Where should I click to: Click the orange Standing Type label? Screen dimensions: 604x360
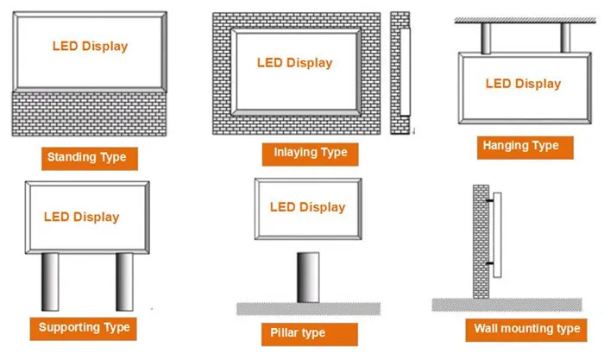[x=90, y=158]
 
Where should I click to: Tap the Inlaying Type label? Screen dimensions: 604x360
[x=310, y=155]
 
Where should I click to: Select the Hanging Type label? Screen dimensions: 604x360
[x=525, y=148]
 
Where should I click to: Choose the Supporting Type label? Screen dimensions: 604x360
[x=83, y=329]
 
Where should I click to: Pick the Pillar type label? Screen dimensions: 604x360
[x=309, y=334]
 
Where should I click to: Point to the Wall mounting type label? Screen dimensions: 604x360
[x=526, y=330]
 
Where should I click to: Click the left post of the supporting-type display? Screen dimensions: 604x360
[x=50, y=281]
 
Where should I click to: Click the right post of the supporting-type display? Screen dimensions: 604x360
[x=124, y=281]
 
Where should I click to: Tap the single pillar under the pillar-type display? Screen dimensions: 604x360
[x=308, y=277]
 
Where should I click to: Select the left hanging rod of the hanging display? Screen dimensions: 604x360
[x=486, y=38]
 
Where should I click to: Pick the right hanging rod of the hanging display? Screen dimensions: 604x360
[x=565, y=38]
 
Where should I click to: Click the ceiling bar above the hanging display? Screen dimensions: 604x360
[x=525, y=20]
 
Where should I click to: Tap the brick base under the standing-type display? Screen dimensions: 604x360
[x=89, y=114]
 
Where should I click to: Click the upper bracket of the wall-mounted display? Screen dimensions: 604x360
[x=489, y=201]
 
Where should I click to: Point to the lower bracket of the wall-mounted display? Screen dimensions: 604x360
[x=489, y=263]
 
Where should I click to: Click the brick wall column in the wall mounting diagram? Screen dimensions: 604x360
[x=481, y=242]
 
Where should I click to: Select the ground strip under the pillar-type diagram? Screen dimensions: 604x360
[x=308, y=309]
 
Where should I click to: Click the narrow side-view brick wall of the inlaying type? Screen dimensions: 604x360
[x=400, y=73]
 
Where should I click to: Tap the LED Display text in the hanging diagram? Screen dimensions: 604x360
[x=523, y=84]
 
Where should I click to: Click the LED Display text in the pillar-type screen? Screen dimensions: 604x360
[x=307, y=207]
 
